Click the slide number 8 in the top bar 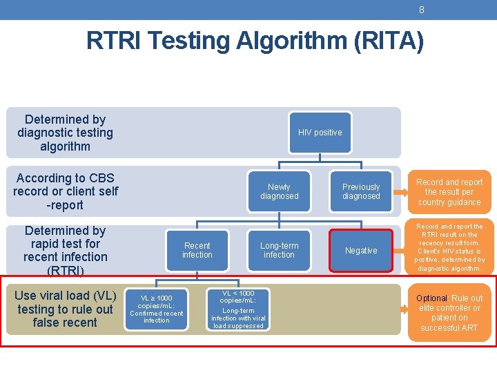click(x=421, y=10)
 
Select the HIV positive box click(x=320, y=133)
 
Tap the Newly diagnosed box click(x=279, y=191)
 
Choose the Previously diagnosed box click(x=361, y=191)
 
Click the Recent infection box click(x=197, y=250)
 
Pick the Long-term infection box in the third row click(x=279, y=250)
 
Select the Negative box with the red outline click(x=361, y=251)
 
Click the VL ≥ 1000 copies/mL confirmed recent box click(x=156, y=308)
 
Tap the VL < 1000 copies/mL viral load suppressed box click(x=237, y=309)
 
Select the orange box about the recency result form click(x=450, y=247)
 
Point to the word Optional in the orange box click(x=431, y=298)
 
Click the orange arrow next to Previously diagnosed click(x=405, y=191)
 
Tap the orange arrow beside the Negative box click(x=405, y=251)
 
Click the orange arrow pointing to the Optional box click(x=405, y=308)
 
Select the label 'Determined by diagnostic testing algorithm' click(x=65, y=133)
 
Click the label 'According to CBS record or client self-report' click(x=65, y=191)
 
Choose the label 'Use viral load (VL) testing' click(x=65, y=303)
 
